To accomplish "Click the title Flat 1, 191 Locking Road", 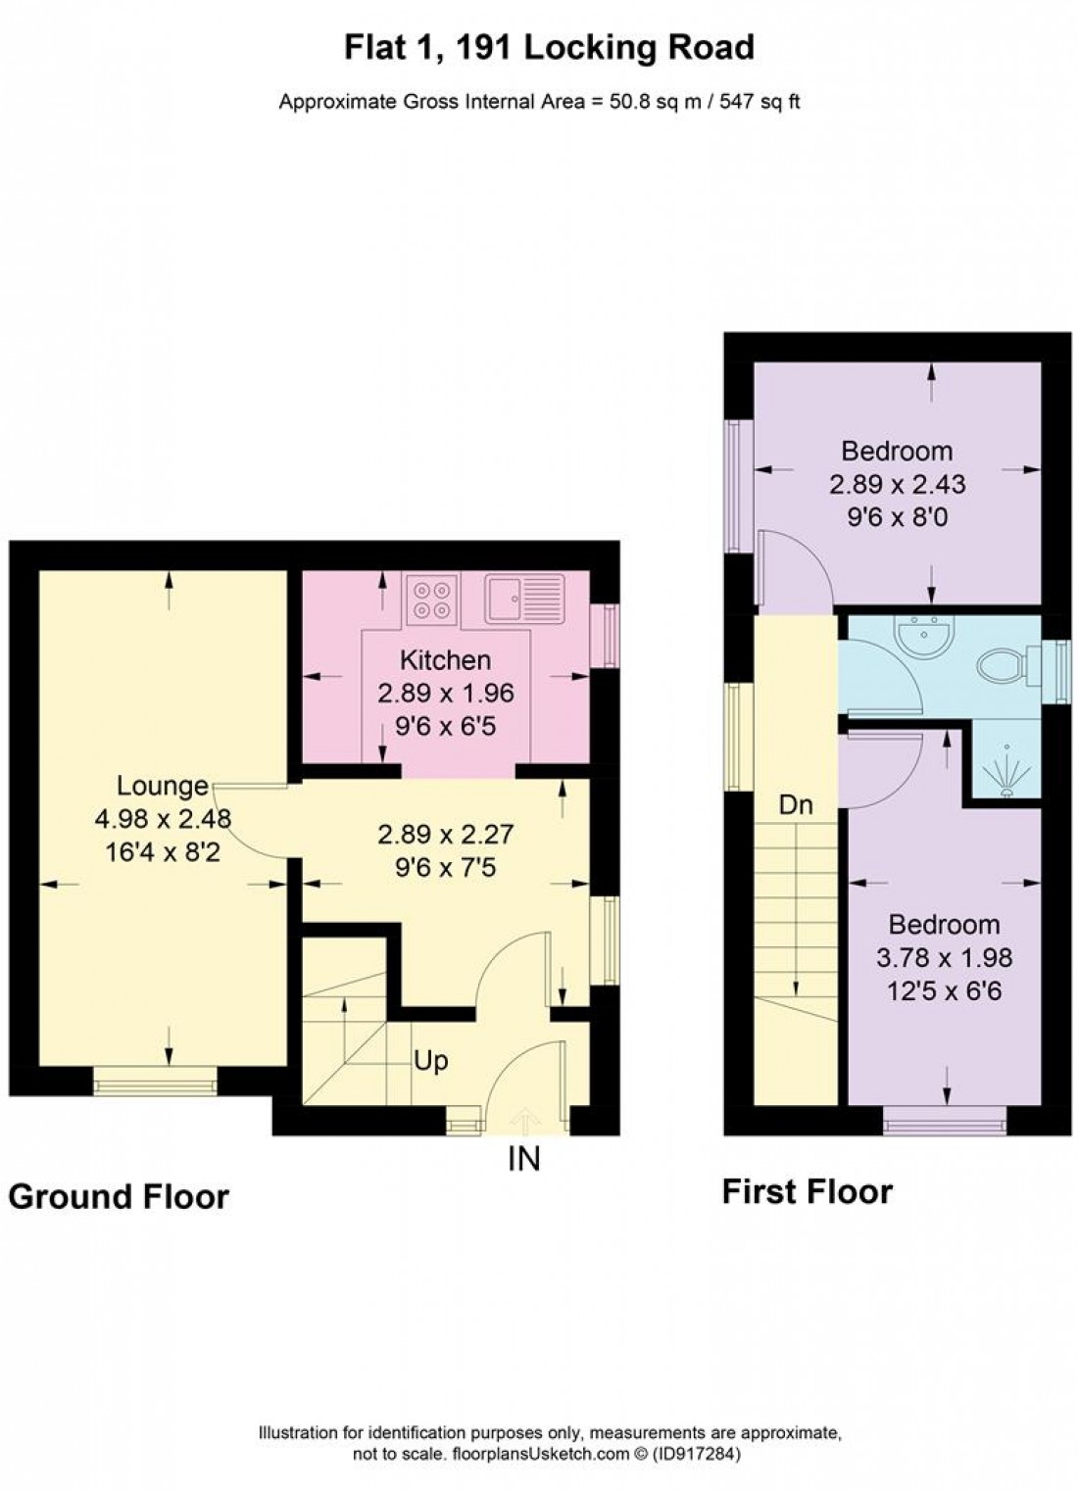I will click(x=549, y=47).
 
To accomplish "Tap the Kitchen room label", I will click(x=446, y=660).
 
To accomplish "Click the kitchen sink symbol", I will click(x=524, y=599).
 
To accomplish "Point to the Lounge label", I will click(x=163, y=786).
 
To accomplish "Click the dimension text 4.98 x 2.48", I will click(x=163, y=818).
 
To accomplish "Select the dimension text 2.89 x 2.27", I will click(x=446, y=835).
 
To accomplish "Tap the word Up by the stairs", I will click(x=431, y=1060).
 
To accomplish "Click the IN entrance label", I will click(x=523, y=1159).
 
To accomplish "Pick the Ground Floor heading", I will click(x=119, y=1196).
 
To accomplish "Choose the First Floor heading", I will click(x=808, y=1191).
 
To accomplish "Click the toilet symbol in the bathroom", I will click(x=1002, y=667).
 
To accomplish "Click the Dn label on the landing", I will click(x=796, y=805).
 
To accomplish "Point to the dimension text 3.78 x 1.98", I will click(x=945, y=957).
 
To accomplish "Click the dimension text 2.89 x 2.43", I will click(x=897, y=484).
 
